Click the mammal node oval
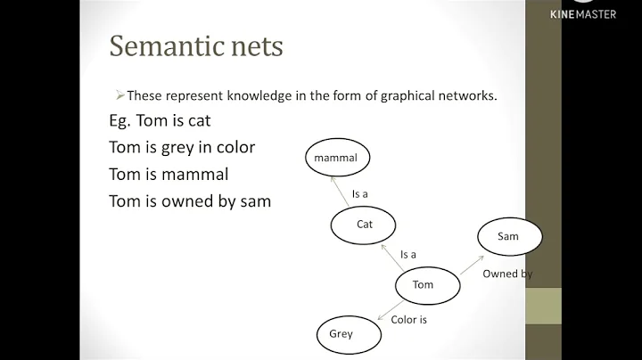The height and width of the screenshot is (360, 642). click(336, 159)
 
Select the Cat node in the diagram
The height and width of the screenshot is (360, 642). click(365, 225)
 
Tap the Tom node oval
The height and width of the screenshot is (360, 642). click(424, 285)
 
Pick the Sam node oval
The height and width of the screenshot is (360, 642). click(508, 237)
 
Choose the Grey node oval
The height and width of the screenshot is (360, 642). click(342, 334)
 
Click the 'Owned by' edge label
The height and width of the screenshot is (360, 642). click(507, 274)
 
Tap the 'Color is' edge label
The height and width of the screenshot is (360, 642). click(410, 319)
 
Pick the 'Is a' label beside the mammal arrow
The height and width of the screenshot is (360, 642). click(360, 194)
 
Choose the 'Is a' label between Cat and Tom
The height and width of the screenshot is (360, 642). click(408, 254)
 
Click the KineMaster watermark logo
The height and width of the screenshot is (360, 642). click(582, 12)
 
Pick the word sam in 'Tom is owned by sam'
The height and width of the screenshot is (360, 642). click(253, 200)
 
